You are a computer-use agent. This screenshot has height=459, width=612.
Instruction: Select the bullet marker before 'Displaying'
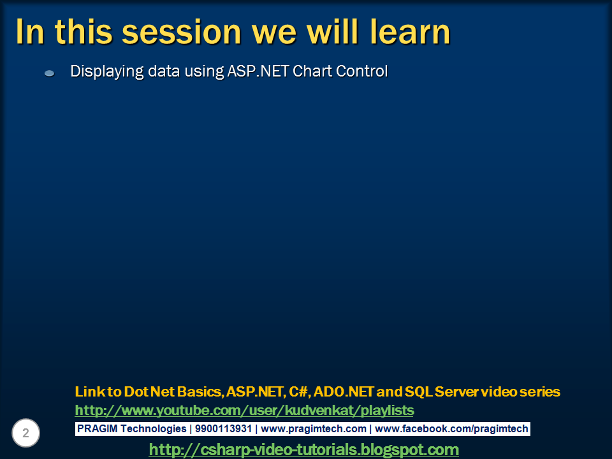click(x=49, y=73)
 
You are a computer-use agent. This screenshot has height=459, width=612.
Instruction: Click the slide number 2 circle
click(x=25, y=433)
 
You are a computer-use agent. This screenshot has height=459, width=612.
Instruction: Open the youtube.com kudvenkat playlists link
click(x=244, y=410)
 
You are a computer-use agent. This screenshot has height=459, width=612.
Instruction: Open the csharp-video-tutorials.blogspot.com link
click(x=303, y=449)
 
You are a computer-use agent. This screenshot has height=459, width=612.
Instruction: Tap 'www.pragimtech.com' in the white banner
click(x=314, y=429)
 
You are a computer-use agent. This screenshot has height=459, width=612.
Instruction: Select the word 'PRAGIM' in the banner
click(x=95, y=429)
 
